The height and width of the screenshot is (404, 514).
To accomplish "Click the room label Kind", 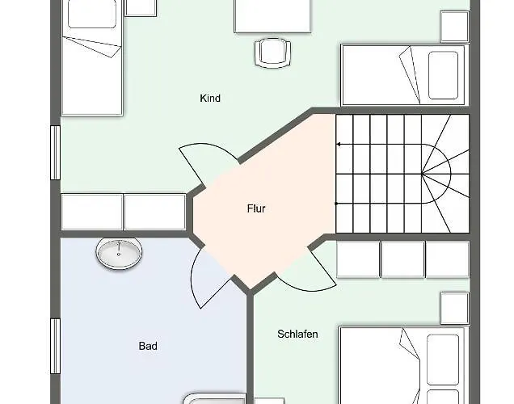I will click(210, 99).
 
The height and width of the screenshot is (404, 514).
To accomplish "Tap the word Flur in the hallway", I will click(256, 208).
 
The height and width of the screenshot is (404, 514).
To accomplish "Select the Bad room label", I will click(148, 346).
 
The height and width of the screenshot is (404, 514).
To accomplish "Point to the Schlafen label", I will click(297, 334).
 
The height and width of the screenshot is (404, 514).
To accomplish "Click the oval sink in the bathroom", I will click(120, 253).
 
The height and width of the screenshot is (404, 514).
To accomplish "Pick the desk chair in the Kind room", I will click(271, 53).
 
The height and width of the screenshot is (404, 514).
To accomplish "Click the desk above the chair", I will click(272, 16).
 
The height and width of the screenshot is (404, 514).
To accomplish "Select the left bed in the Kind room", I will click(93, 61).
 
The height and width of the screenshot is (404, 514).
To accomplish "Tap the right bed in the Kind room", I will click(404, 75).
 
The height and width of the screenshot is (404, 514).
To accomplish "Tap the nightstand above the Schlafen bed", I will click(454, 308).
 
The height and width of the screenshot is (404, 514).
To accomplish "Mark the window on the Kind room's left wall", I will click(55, 152).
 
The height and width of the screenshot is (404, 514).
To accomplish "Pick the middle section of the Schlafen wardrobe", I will click(402, 259).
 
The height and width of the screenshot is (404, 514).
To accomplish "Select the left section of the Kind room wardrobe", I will click(91, 212).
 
